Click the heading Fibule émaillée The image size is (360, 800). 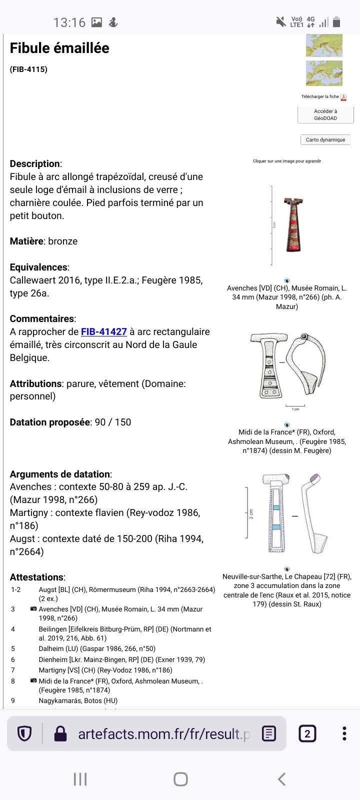click(59, 48)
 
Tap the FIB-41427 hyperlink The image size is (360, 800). click(104, 331)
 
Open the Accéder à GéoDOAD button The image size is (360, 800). click(325, 115)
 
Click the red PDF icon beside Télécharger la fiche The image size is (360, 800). click(343, 97)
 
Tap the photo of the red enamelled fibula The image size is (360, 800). click(292, 224)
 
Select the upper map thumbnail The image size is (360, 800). click(324, 45)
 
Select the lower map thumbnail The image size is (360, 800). click(324, 73)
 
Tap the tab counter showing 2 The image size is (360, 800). click(307, 733)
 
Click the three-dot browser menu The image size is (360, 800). click(344, 733)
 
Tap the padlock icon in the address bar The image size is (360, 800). click(60, 733)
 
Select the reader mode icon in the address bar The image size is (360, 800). click(269, 733)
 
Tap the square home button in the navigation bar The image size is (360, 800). click(180, 779)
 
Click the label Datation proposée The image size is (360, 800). click(50, 422)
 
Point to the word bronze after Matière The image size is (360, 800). click(63, 241)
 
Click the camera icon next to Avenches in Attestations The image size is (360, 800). click(33, 609)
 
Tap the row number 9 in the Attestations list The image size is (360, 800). click(13, 700)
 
